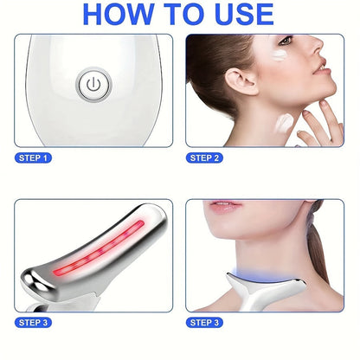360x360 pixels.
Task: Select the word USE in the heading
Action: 244,14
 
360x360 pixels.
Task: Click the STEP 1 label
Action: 33,157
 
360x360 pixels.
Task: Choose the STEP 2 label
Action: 204,157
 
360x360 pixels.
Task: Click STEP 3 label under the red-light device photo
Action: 33,322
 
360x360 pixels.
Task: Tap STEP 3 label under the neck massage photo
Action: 204,322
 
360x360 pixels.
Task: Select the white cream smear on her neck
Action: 284,124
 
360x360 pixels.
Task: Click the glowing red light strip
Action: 99,248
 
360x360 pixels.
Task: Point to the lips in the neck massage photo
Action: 226,205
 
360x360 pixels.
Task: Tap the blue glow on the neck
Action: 261,274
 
